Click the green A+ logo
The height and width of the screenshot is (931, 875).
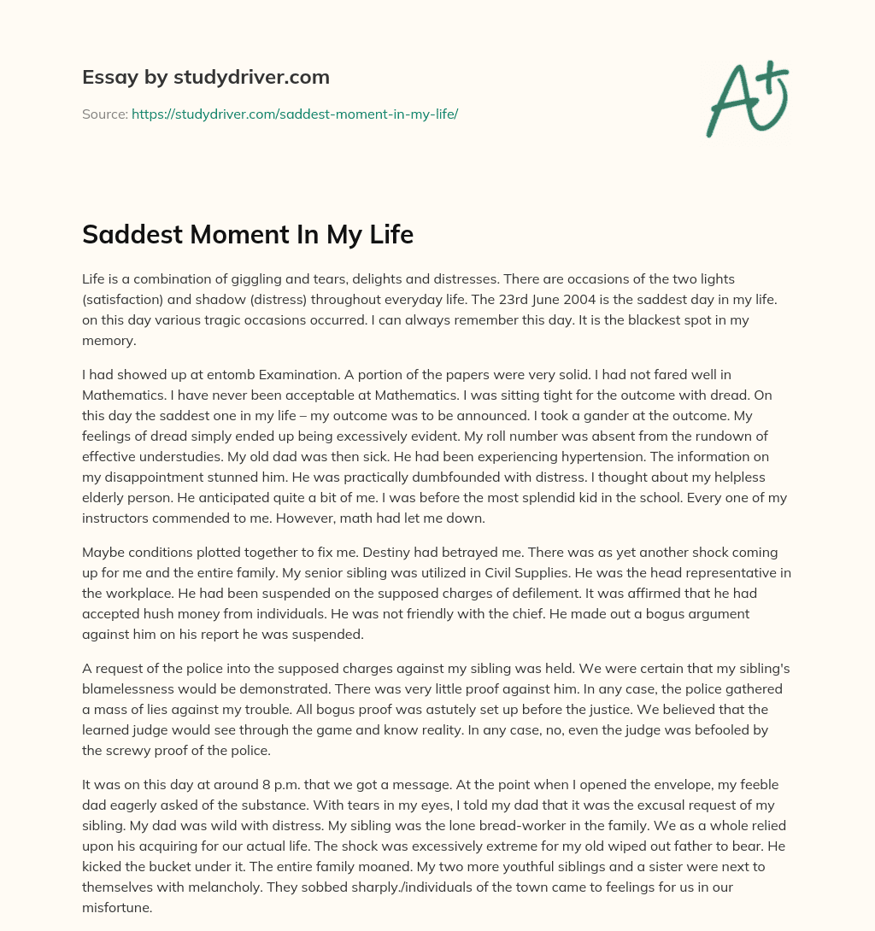coord(747,99)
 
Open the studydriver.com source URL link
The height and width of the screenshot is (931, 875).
coord(295,114)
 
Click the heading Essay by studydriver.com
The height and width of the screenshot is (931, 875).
coord(205,77)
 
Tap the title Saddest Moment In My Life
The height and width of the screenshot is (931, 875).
coord(248,233)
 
